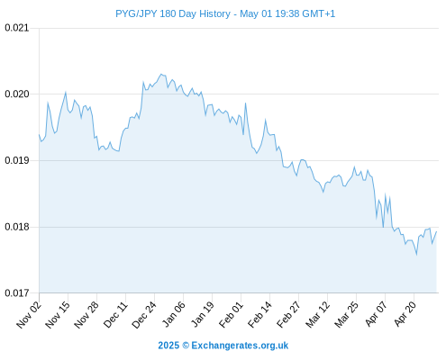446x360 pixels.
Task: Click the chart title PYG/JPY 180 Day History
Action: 173,13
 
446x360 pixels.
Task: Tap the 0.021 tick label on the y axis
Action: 17,28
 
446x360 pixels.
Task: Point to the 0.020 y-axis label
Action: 17,94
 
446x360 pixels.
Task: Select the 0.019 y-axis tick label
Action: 17,160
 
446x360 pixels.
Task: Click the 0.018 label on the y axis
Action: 17,227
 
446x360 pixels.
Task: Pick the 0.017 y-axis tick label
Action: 17,292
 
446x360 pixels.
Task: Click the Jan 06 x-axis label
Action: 173,314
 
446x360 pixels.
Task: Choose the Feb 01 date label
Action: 231,314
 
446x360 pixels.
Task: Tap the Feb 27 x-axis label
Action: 288,314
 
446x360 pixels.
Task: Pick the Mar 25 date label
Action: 346,314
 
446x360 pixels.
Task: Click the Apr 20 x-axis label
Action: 405,314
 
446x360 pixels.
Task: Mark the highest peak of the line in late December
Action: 161,74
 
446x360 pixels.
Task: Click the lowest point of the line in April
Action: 416,255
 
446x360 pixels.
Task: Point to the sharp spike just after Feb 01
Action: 245,103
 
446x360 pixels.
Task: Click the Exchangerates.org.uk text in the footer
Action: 240,346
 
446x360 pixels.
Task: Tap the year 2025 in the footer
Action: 168,346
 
